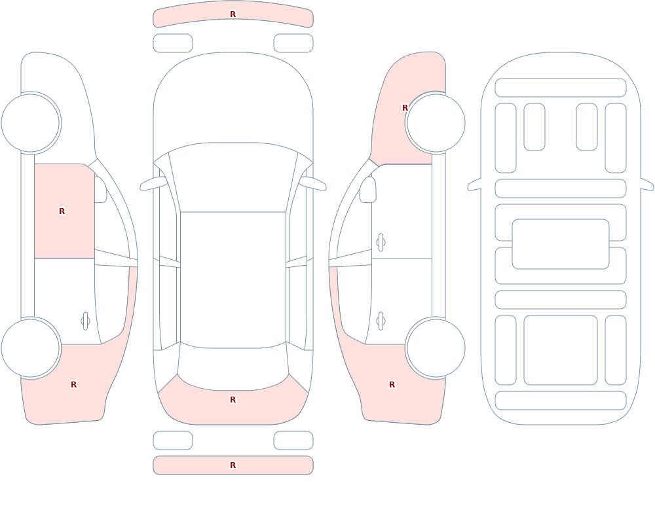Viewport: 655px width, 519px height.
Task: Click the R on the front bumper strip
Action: pyautogui.click(x=233, y=14)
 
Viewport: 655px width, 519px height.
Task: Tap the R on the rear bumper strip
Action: pyautogui.click(x=233, y=465)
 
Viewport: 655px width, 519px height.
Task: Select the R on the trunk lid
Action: pyautogui.click(x=233, y=400)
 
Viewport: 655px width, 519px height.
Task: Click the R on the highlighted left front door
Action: pyautogui.click(x=62, y=211)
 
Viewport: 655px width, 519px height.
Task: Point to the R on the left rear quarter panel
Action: pyautogui.click(x=74, y=385)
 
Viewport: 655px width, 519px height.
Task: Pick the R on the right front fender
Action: pyautogui.click(x=405, y=108)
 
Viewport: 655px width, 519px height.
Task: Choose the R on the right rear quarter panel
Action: pyautogui.click(x=392, y=385)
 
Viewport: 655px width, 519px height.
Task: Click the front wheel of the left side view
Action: pyautogui.click(x=30, y=123)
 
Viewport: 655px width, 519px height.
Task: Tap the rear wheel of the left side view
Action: pyautogui.click(x=30, y=348)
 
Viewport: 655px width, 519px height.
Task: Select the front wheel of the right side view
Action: pyautogui.click(x=436, y=123)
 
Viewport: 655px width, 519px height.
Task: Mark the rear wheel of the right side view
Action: pyautogui.click(x=436, y=348)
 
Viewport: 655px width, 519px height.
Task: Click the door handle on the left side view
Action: pyautogui.click(x=85, y=321)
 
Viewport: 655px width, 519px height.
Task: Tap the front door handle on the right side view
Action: pyautogui.click(x=381, y=243)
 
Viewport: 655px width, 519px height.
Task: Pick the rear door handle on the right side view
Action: pyautogui.click(x=381, y=321)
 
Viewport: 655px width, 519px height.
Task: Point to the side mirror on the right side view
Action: pyautogui.click(x=368, y=190)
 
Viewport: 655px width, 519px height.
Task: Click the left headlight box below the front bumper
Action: pyautogui.click(x=173, y=43)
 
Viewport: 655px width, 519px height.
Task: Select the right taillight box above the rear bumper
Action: pyautogui.click(x=293, y=440)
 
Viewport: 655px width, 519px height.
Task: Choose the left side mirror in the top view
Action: pyautogui.click(x=153, y=184)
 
